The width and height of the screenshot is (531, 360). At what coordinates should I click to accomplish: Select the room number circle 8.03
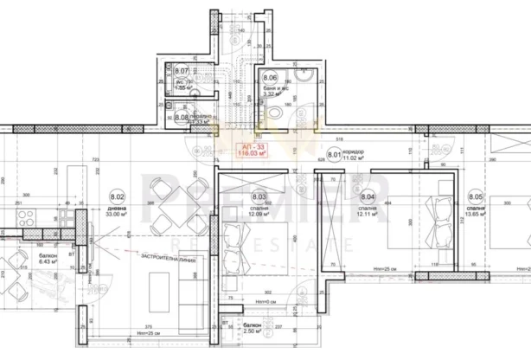pos(259,197)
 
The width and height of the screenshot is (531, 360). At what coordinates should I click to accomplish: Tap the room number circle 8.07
pos(182,71)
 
